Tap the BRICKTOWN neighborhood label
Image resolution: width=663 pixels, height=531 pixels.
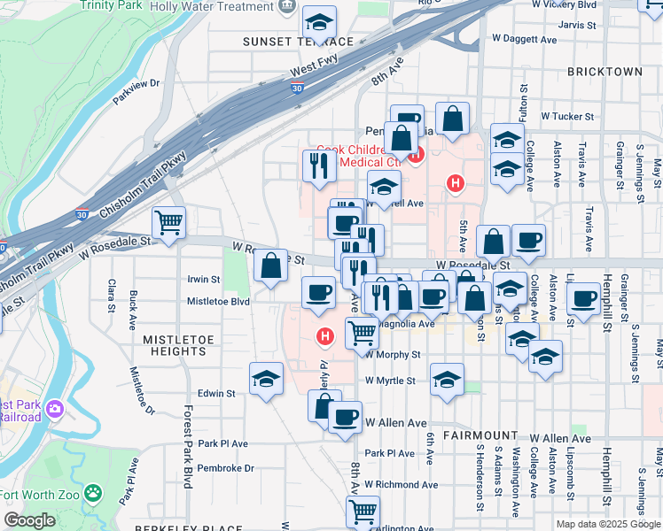point(608,71)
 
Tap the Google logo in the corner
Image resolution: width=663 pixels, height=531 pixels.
point(29,521)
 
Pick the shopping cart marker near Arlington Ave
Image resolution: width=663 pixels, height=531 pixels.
point(363,511)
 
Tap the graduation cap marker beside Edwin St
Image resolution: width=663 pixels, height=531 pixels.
point(266,378)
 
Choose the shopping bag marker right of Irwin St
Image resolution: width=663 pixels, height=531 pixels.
point(270,265)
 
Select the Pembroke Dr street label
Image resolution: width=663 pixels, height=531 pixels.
point(225,468)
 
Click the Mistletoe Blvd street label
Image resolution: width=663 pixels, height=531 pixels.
point(218,301)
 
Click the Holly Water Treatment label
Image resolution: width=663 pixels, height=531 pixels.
point(223,6)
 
